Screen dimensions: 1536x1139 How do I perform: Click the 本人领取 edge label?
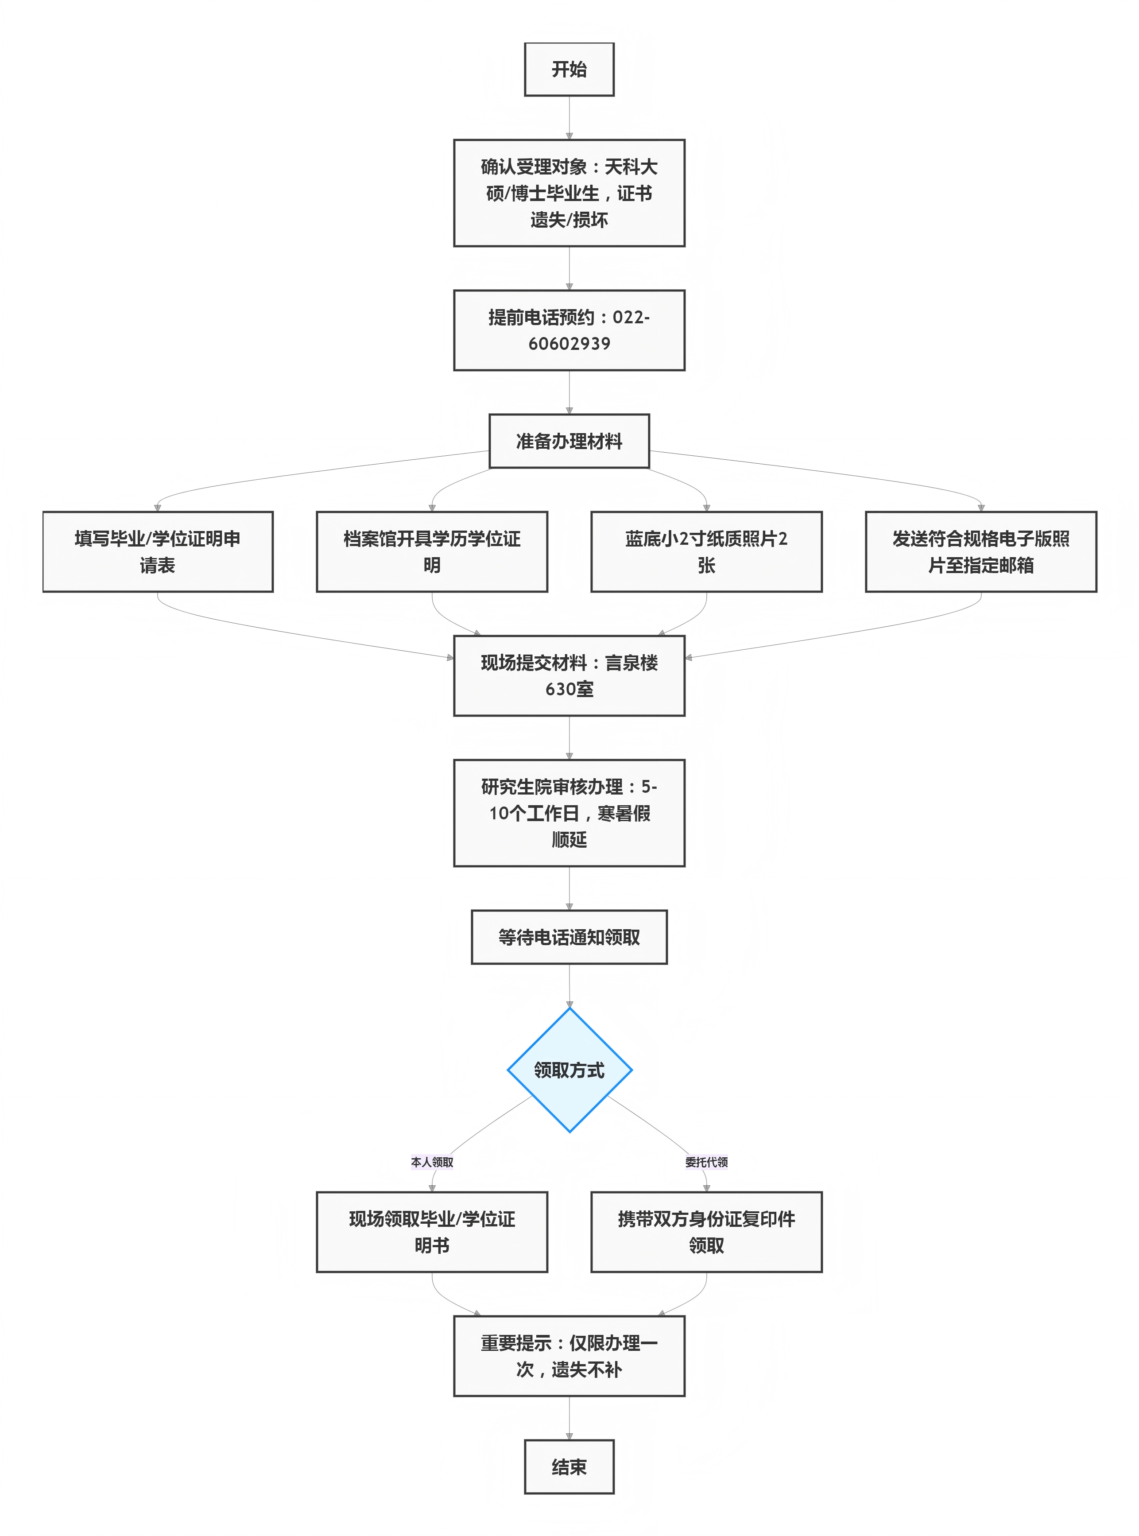tap(432, 1162)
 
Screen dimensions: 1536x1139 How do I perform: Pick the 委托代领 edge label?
tap(706, 1162)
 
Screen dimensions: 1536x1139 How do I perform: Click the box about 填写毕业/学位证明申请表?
tap(158, 551)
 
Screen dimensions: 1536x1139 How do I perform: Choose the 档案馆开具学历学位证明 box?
tap(432, 551)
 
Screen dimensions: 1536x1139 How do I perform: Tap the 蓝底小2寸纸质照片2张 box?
tap(706, 551)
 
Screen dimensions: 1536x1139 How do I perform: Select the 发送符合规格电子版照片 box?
tap(980, 551)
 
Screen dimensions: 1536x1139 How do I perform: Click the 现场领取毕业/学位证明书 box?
tap(432, 1232)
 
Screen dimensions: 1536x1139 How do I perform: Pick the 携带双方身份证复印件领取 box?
tap(706, 1232)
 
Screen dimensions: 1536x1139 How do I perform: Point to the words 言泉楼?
tap(631, 663)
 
